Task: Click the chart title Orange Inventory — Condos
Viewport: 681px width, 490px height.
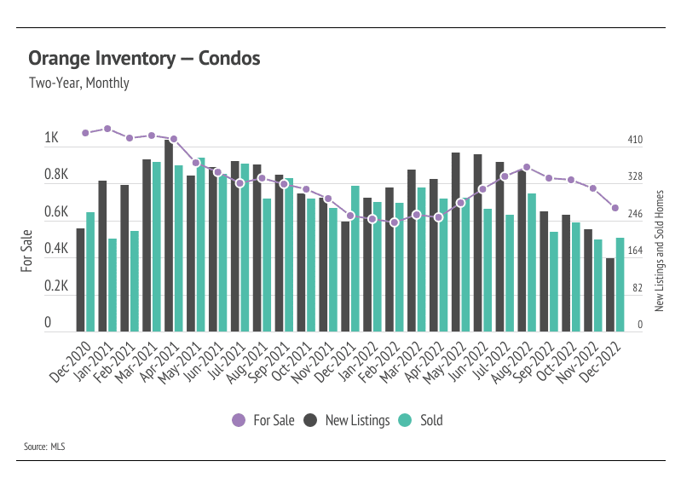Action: coord(144,59)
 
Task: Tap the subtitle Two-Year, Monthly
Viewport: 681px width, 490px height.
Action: coord(78,84)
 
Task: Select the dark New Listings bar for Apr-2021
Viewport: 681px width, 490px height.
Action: coord(169,236)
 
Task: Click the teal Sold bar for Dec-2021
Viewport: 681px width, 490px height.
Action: coord(355,258)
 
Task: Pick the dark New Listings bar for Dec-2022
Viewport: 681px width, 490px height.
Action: coord(610,294)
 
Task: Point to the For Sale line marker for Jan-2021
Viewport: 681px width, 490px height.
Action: coord(107,129)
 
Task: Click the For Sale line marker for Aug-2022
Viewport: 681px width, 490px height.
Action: coord(527,168)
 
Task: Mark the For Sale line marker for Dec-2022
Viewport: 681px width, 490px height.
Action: coord(615,208)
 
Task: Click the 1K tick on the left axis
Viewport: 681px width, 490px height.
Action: coord(51,139)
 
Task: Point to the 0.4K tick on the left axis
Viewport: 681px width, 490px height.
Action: coord(55,250)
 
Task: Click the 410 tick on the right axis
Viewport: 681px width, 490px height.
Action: coord(635,140)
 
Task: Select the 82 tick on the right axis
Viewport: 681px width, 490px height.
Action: coord(635,288)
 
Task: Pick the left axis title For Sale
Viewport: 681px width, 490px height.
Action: coord(26,251)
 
